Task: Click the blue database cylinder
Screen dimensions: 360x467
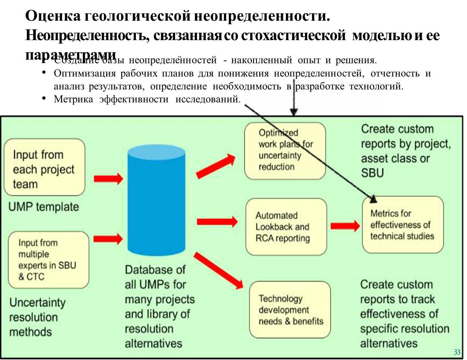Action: pyautogui.click(x=156, y=201)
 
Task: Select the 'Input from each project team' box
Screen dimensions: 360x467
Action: pyautogui.click(x=44, y=167)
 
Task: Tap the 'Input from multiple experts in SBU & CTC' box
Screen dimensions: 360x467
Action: pyautogui.click(x=48, y=260)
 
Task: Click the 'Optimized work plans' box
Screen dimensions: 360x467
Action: pyautogui.click(x=285, y=151)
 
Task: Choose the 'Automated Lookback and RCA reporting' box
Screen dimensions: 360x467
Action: pyautogui.click(x=286, y=227)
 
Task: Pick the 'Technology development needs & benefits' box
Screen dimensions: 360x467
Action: pyautogui.click(x=290, y=310)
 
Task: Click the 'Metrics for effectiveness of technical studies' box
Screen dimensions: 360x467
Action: pyautogui.click(x=403, y=225)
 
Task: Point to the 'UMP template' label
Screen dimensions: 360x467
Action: pyautogui.click(x=44, y=207)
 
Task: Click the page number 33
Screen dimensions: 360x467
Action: pyautogui.click(x=457, y=352)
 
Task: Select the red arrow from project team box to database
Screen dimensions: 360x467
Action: pyautogui.click(x=108, y=179)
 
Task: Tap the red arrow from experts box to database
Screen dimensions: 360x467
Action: pyautogui.click(x=108, y=239)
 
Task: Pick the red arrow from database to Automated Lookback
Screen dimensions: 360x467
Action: pyautogui.click(x=217, y=222)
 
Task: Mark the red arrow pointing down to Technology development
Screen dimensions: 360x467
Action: pyautogui.click(x=219, y=270)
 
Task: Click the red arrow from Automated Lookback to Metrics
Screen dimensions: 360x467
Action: pyautogui.click(x=345, y=225)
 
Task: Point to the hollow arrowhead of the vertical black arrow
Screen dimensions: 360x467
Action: pyautogui.click(x=294, y=111)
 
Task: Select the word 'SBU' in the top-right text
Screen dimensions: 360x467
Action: pyautogui.click(x=372, y=173)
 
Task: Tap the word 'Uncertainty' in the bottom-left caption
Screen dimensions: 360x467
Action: pyautogui.click(x=38, y=303)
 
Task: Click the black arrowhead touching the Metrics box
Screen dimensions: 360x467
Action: pyautogui.click(x=373, y=199)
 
